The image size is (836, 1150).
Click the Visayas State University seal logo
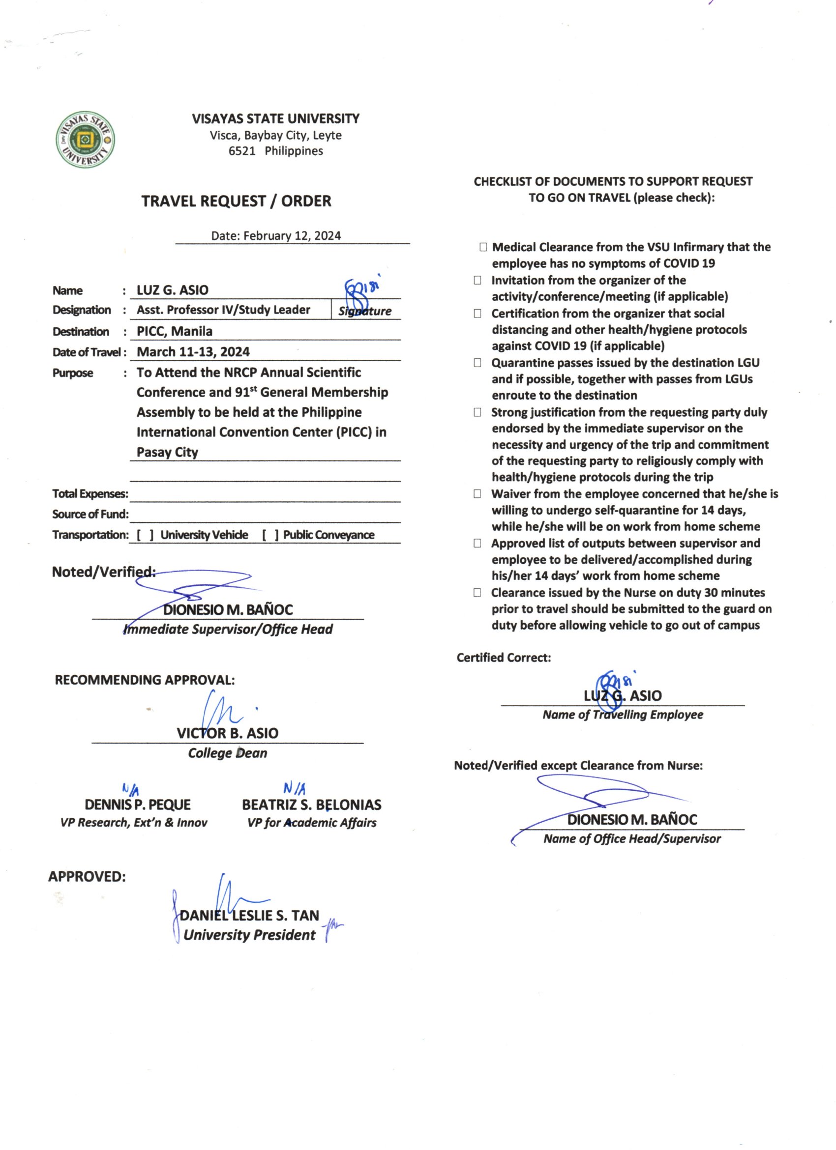pos(85,140)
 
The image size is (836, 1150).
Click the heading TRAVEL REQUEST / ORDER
pos(236,201)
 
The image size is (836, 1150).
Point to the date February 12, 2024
pos(292,236)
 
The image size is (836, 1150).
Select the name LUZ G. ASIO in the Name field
pos(173,290)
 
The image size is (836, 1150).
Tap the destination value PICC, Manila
pos(175,331)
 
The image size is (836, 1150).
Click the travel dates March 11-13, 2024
pos(193,352)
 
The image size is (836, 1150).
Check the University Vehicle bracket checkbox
pos(145,535)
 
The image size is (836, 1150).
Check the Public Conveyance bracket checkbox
pos(270,535)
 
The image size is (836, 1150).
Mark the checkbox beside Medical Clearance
pos(483,247)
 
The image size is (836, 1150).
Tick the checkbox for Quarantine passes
pos(478,363)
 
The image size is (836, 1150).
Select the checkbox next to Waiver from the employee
pos(478,494)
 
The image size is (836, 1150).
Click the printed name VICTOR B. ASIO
pos(227,733)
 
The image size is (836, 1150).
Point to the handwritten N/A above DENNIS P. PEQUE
pos(131,789)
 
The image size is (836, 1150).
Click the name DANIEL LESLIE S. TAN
pos(250,916)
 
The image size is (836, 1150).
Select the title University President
pos(249,935)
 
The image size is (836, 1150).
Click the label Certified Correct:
pos(503,658)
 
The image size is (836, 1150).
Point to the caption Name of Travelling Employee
pos(623,715)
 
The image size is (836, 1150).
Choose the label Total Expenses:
pos(90,494)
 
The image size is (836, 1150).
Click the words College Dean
pos(227,753)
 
